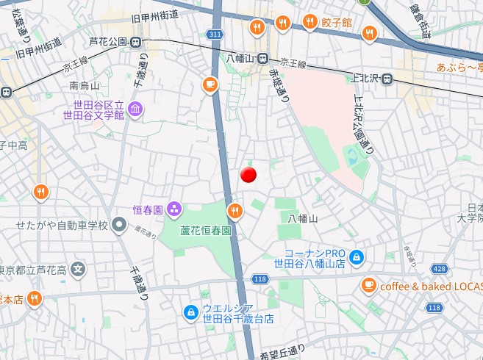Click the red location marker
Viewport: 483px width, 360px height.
click(248, 175)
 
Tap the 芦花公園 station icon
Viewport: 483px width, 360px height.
click(136, 42)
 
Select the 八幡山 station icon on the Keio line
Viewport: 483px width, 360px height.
click(262, 58)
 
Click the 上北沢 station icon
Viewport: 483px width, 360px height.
click(387, 79)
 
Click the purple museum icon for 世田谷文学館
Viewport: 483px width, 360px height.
click(136, 110)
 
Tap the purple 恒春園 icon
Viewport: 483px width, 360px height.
click(173, 209)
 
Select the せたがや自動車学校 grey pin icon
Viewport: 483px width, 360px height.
click(119, 225)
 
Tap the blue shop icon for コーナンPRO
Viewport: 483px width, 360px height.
click(357, 256)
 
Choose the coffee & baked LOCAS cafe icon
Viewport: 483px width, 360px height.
click(368, 285)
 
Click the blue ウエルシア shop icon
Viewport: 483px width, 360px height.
click(191, 313)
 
